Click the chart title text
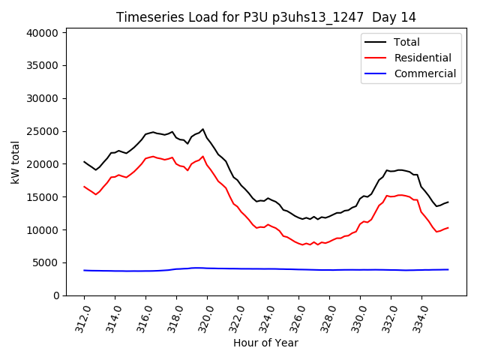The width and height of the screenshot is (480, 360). click(x=266, y=17)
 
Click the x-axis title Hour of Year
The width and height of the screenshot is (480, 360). click(x=265, y=343)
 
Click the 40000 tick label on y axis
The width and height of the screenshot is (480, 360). click(x=42, y=33)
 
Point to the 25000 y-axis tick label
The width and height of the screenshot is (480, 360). click(x=42, y=131)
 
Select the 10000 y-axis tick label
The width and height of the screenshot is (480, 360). click(x=42, y=229)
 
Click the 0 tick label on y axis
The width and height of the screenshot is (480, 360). click(x=55, y=295)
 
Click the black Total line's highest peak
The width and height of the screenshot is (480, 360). click(x=202, y=129)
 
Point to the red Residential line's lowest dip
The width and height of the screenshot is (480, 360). click(x=302, y=245)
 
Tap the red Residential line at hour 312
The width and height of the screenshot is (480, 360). click(x=84, y=187)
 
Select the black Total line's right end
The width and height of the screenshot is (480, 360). click(x=448, y=202)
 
